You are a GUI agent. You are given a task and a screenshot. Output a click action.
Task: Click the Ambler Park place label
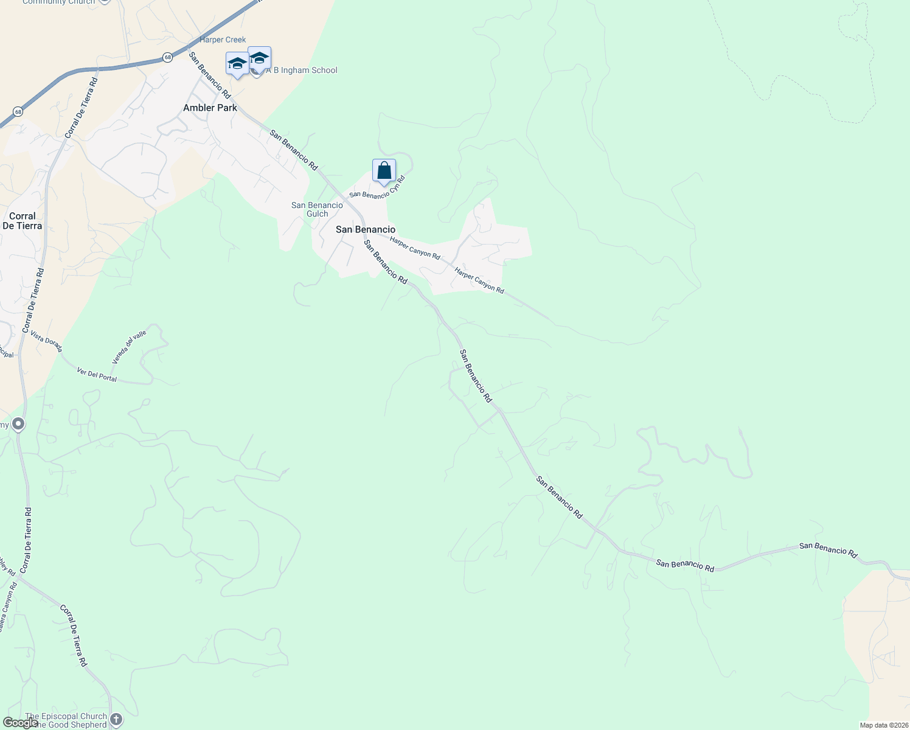click(210, 108)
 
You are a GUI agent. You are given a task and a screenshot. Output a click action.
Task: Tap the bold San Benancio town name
click(366, 229)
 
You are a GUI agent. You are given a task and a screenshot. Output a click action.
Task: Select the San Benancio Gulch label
click(317, 209)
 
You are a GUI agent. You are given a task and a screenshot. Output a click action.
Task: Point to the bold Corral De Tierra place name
click(23, 221)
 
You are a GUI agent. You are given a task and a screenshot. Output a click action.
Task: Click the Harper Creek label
click(223, 40)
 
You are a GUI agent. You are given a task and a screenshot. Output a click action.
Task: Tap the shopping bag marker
click(384, 171)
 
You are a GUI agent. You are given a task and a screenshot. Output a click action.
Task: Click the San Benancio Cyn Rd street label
click(377, 187)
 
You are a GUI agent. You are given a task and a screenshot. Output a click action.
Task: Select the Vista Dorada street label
click(46, 342)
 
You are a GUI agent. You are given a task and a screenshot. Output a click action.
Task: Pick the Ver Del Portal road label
click(97, 374)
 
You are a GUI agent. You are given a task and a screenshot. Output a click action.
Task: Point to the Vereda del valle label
click(129, 347)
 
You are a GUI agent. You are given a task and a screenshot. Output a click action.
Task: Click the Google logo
click(20, 723)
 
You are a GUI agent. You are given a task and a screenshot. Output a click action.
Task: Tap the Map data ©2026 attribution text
click(883, 725)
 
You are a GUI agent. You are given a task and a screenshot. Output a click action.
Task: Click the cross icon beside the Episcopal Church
click(116, 720)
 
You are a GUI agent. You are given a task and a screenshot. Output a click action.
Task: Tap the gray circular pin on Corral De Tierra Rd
click(18, 423)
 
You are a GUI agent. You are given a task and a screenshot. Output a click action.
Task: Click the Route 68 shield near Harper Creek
click(167, 57)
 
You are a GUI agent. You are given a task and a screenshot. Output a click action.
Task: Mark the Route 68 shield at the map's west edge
click(18, 111)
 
